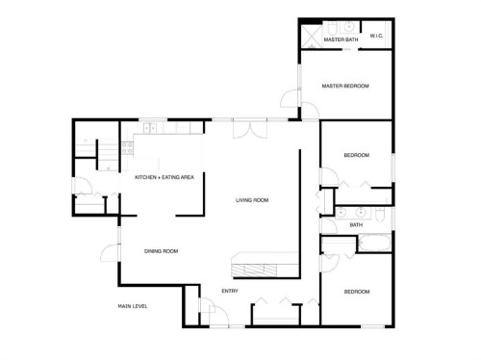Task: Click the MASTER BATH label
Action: click(339, 39)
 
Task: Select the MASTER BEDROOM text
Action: click(344, 87)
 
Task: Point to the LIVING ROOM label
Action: click(252, 200)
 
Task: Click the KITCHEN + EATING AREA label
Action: click(165, 177)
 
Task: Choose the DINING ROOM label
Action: click(161, 251)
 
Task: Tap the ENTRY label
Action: click(230, 291)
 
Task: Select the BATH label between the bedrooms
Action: click(356, 225)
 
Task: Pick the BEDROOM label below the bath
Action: click(356, 291)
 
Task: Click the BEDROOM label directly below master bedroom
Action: click(356, 156)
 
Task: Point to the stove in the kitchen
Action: click(149, 127)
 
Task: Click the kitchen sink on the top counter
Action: click(178, 127)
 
